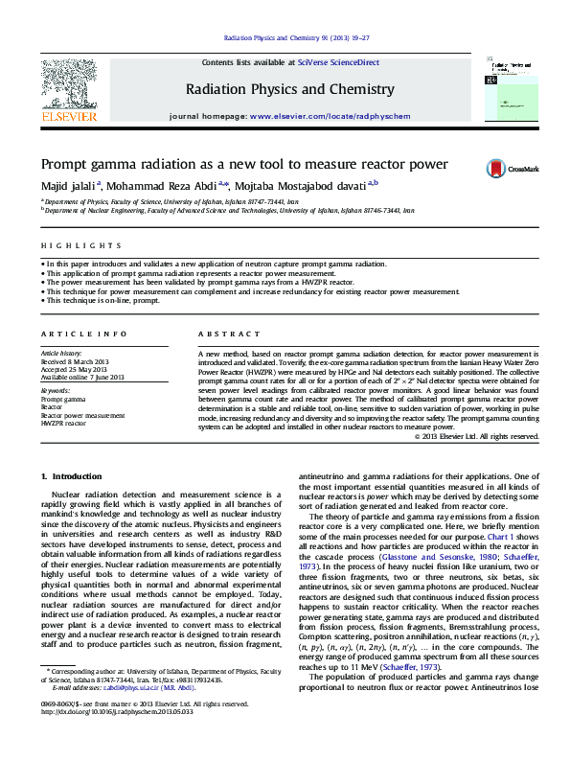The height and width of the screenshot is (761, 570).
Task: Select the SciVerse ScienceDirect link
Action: click(338, 62)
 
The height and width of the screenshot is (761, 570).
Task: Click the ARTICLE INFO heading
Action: click(83, 334)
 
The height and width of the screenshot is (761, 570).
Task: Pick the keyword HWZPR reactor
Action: click(70, 423)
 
